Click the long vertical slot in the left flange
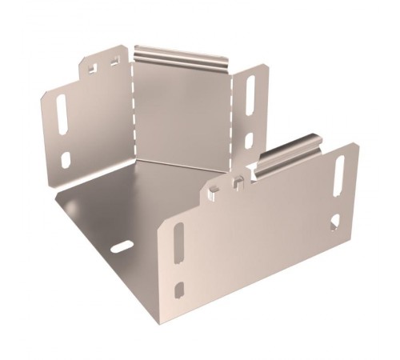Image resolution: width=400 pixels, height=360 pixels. point(61,117)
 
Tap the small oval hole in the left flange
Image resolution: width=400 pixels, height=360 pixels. point(66,160)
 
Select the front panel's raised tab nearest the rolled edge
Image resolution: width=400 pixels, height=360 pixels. point(238,182)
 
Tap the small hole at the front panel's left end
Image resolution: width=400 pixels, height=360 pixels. point(180,289)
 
